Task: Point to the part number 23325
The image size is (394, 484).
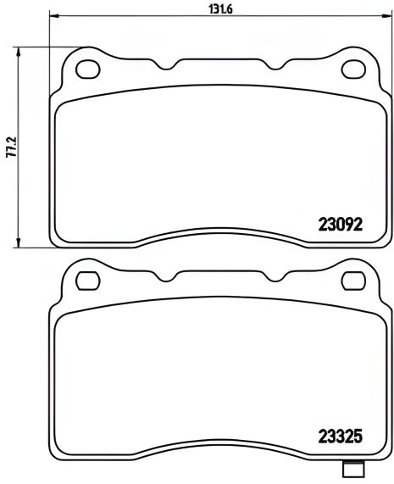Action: click(340, 439)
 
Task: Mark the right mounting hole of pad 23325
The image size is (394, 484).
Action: click(352, 279)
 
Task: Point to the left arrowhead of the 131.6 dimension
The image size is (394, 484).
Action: click(53, 14)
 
